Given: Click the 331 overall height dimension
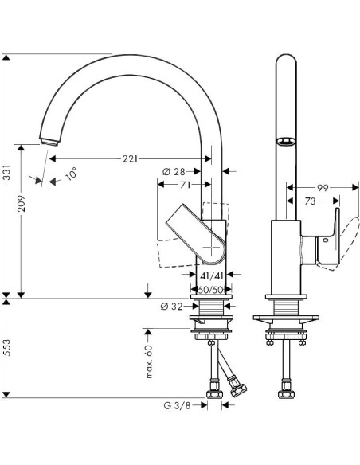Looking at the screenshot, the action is (6, 172).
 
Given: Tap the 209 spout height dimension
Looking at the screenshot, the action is (21, 203).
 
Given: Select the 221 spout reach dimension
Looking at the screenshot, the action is (130, 159).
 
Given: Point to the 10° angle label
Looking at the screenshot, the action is (71, 174).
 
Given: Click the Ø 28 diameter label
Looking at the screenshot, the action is (174, 171).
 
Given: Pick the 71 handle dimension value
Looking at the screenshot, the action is (186, 185).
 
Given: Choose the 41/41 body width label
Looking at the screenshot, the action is (211, 276).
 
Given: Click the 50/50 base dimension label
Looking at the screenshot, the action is (211, 290).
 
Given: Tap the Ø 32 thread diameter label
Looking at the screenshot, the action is (171, 307).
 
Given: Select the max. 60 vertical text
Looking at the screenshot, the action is (149, 361).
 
